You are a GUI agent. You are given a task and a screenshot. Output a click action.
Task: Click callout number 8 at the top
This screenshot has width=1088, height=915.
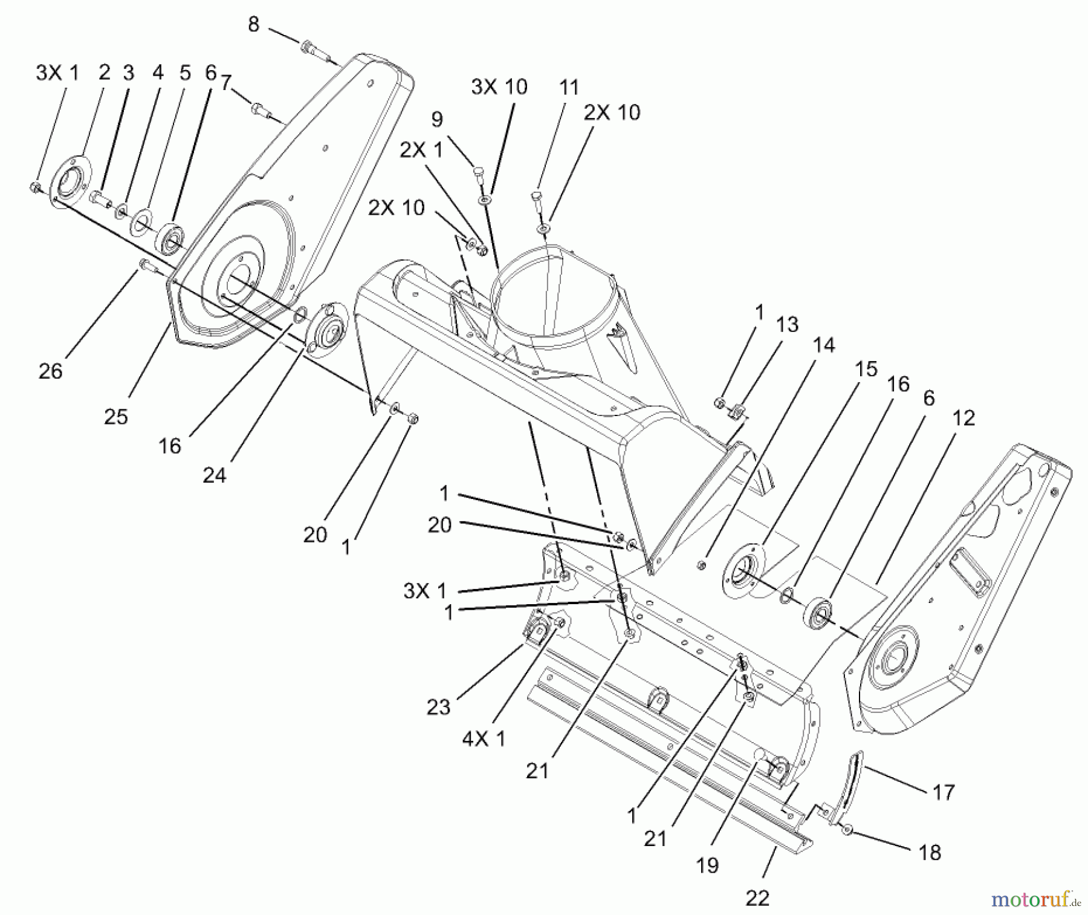(x=253, y=25)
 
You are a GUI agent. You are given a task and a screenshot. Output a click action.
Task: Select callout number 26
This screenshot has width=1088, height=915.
(x=50, y=371)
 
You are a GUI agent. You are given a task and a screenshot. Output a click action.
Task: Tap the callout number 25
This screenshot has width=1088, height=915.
(x=116, y=417)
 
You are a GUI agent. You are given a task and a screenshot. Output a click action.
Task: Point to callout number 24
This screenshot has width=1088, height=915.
(x=214, y=475)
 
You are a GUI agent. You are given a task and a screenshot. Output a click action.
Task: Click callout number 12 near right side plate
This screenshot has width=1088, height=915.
(x=963, y=418)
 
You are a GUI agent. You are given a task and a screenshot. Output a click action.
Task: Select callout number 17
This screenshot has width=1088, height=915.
(x=944, y=792)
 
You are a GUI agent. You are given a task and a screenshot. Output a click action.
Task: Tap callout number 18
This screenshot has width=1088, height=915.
(x=930, y=853)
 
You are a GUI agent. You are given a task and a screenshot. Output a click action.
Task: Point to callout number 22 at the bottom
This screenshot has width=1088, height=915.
(x=757, y=898)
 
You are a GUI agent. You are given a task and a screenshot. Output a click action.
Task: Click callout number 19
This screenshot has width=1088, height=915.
(x=707, y=865)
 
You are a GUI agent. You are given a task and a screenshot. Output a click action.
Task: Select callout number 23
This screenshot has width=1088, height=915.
(x=438, y=707)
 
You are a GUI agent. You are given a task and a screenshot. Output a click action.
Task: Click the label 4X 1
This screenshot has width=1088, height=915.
(x=484, y=738)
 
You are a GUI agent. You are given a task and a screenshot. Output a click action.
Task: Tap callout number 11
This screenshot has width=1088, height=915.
(x=569, y=88)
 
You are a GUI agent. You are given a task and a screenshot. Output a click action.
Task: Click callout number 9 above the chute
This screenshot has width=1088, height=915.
(x=437, y=119)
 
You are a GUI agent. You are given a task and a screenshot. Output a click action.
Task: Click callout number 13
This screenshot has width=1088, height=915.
(x=787, y=325)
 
